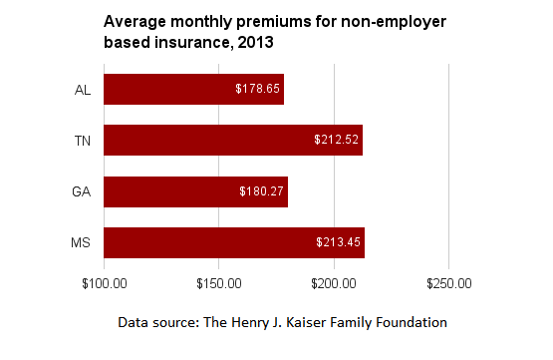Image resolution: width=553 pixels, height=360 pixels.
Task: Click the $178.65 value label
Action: (x=258, y=89)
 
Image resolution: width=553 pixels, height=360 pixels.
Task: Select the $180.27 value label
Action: (x=261, y=190)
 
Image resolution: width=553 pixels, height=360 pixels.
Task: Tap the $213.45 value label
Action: (x=338, y=242)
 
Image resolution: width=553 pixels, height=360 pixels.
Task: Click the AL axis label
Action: (x=83, y=90)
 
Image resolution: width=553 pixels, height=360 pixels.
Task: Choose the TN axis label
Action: (x=83, y=141)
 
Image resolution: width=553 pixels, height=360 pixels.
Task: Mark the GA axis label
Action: (x=83, y=191)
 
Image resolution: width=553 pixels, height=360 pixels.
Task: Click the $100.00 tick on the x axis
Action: (x=104, y=284)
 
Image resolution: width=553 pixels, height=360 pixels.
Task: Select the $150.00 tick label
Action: (x=219, y=284)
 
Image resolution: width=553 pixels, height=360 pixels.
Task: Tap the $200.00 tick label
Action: (x=334, y=284)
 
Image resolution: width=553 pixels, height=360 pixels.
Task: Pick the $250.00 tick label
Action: (x=449, y=284)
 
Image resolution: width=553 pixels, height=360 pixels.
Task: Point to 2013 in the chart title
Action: (x=255, y=43)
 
